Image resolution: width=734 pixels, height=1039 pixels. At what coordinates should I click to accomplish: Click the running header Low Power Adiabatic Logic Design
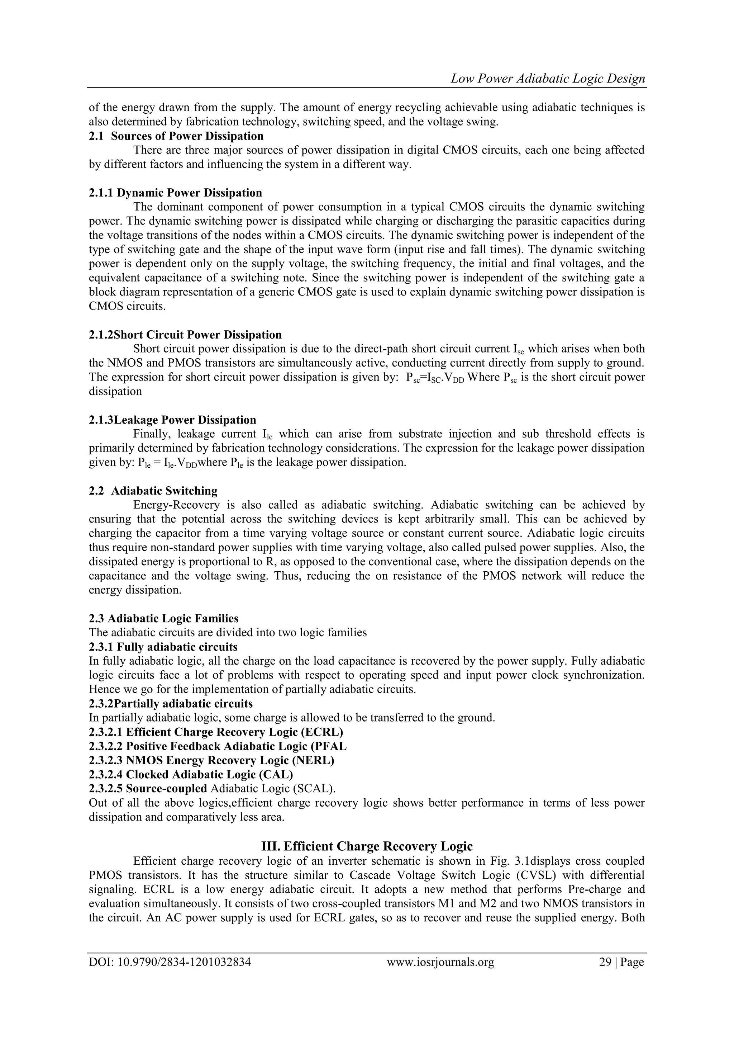click(x=548, y=79)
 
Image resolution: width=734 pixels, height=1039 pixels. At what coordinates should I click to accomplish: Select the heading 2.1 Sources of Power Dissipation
click(x=176, y=136)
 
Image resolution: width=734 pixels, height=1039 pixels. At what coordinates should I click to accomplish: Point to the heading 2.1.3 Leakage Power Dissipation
click(x=172, y=420)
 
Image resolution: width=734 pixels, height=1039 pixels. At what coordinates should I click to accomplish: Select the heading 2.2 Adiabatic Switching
click(x=153, y=491)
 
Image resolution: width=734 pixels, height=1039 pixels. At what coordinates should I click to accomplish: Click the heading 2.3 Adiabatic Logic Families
click(x=163, y=618)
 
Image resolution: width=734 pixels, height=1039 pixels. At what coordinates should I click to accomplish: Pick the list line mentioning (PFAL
click(x=218, y=746)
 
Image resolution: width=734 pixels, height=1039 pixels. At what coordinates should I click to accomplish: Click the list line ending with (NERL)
click(x=211, y=760)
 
